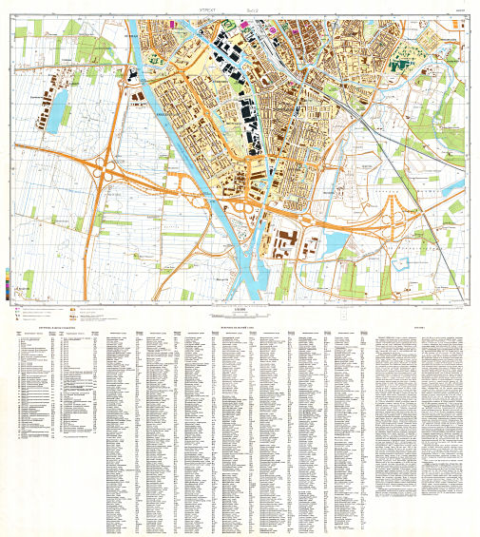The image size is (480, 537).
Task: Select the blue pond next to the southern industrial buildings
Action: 335,244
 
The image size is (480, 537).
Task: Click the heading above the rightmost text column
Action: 420,327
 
